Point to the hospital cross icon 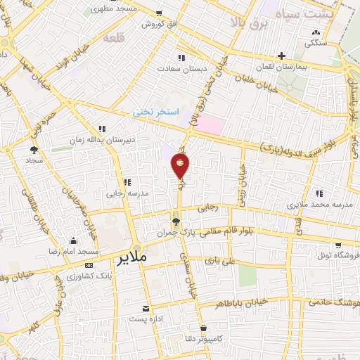281,56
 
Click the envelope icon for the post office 146,309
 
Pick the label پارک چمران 175,231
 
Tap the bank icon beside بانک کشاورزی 88,265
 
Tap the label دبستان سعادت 182,69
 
